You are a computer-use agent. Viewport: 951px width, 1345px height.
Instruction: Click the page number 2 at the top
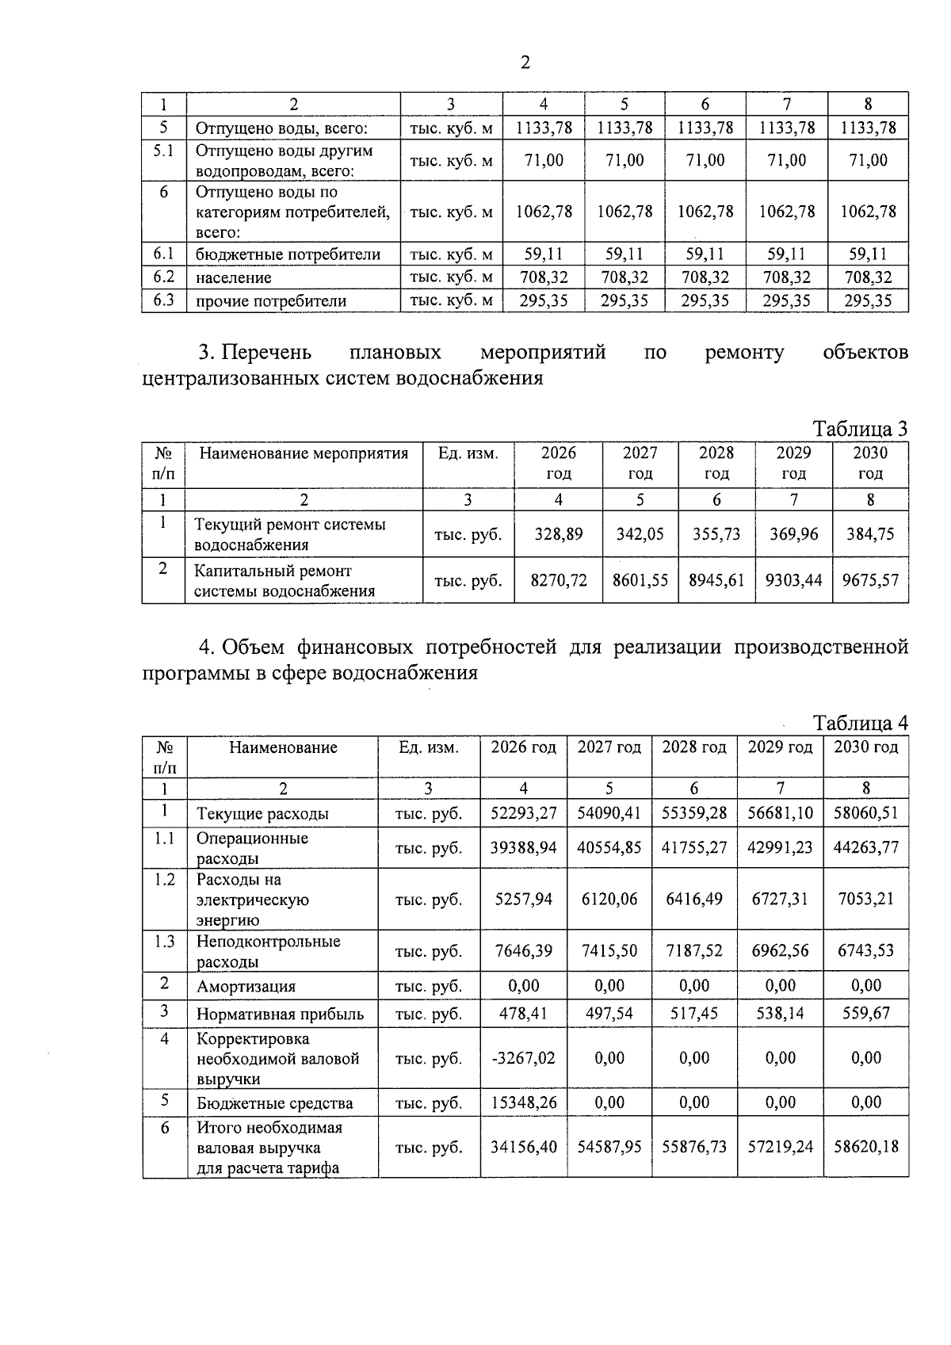point(525,63)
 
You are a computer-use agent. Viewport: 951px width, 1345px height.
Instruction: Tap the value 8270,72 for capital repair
point(559,580)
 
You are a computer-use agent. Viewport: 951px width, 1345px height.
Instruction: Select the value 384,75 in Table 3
point(870,533)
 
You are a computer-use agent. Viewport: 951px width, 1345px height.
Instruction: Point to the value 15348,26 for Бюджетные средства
point(523,1102)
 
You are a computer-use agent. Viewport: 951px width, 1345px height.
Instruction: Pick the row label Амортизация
point(246,987)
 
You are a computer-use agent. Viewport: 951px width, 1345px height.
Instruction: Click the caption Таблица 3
point(860,429)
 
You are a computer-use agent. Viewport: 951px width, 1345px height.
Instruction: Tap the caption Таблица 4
point(860,724)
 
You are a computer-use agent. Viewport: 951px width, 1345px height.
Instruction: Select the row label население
point(234,277)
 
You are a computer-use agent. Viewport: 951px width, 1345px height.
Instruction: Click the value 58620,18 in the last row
point(866,1146)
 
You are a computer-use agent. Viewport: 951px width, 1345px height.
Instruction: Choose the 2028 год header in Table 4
point(694,747)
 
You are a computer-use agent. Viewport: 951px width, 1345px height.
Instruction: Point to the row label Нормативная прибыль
point(280,1014)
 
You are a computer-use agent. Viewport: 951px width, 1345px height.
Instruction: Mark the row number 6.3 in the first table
point(163,300)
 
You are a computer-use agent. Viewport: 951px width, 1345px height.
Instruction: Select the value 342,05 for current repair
point(640,533)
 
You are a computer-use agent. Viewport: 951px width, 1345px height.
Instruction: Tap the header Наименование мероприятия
point(304,453)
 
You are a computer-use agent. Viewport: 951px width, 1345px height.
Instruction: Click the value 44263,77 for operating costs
point(866,847)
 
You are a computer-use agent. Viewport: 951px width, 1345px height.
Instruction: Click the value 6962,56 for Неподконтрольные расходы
point(781,950)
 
